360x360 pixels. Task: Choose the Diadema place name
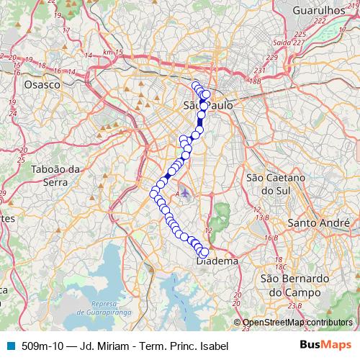tap(217, 262)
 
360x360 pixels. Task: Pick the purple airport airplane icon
tap(186, 193)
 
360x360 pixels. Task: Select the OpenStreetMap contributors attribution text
tap(298, 323)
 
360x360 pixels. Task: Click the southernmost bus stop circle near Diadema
tap(204, 253)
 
